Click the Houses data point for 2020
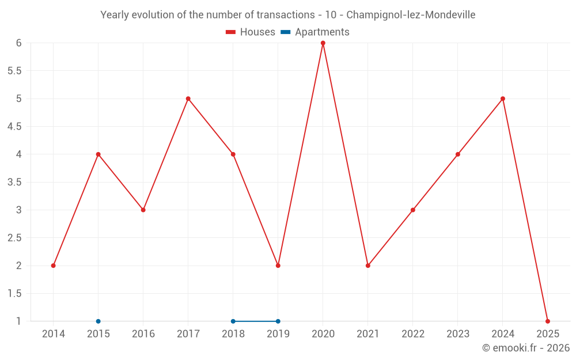[x=323, y=43]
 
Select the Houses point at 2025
[x=547, y=321]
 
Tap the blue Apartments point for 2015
[x=98, y=321]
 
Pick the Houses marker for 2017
[x=188, y=98]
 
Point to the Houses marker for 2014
[x=53, y=266]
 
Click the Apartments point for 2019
[x=278, y=321]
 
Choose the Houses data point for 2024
[x=502, y=98]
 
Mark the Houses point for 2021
[x=367, y=266]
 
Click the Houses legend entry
[x=251, y=32]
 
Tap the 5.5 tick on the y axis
[x=14, y=71]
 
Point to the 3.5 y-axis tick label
[x=14, y=182]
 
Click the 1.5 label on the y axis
[x=14, y=293]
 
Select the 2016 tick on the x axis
[x=143, y=334]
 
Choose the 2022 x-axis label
[x=412, y=334]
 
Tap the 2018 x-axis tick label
[x=233, y=334]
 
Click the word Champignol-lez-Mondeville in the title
[x=411, y=15]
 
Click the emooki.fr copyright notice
[x=525, y=348]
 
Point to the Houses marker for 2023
[x=457, y=154]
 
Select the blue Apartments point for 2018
[x=233, y=321]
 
